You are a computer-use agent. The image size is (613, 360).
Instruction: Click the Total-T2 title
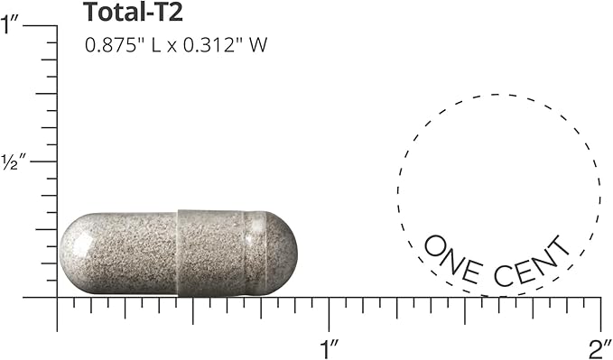pos(133,12)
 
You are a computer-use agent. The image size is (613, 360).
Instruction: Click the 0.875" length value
pos(114,45)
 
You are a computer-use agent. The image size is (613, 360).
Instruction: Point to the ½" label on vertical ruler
pos(14,162)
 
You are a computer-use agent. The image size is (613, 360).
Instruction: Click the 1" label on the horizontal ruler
pos(330,349)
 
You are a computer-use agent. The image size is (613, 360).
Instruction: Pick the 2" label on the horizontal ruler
pos(600,349)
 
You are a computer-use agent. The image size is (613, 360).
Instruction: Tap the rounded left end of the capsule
pos(72,254)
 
